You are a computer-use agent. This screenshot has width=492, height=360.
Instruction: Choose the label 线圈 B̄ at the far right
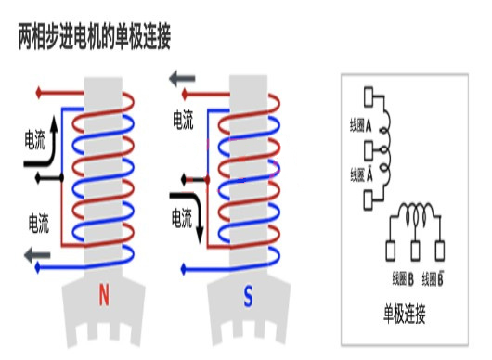[x=437, y=277]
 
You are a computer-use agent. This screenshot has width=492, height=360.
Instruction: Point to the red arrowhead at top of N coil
[x=37, y=93]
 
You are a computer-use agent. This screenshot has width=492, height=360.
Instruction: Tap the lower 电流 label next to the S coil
[x=181, y=217]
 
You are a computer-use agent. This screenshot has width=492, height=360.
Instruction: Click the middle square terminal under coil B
[x=415, y=249]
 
